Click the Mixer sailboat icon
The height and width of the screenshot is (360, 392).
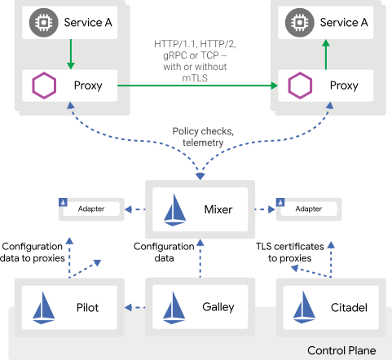coord(174,210)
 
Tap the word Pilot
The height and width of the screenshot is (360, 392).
coord(87,308)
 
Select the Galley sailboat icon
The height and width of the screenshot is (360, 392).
coord(174,308)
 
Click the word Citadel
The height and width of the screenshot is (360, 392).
coord(349,308)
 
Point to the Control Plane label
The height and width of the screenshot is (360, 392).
coord(341,350)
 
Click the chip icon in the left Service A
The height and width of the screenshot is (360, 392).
coord(43,23)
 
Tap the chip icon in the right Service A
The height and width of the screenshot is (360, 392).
coord(300,23)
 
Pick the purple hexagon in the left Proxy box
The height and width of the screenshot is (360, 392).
coord(44,86)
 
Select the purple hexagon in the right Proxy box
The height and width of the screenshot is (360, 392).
coord(300,86)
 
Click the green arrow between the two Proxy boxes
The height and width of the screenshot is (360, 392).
coord(197,86)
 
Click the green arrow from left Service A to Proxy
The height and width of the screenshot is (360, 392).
coord(71,55)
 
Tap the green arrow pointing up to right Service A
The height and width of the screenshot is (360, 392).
coord(326,55)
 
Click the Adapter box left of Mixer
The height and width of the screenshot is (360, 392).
coord(91,209)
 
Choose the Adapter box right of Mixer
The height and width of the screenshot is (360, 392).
coord(309,209)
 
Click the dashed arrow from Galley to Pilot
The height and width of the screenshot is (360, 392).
coord(135,308)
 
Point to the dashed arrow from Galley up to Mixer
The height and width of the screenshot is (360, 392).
coord(200,258)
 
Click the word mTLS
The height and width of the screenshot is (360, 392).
coord(195,78)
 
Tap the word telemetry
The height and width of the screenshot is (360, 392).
coord(203,143)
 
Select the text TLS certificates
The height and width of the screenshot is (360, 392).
coord(290,247)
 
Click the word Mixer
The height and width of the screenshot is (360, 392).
coord(218,209)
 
